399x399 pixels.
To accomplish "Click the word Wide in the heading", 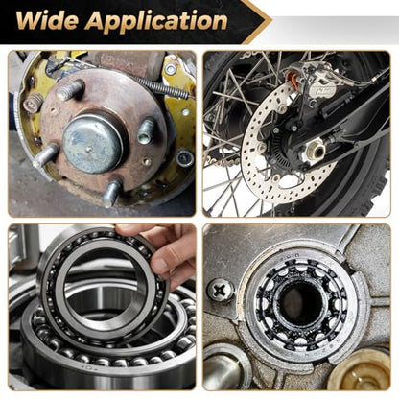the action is point(47,21).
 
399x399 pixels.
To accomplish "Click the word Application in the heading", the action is point(156,21).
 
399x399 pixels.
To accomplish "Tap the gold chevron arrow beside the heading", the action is point(257,22).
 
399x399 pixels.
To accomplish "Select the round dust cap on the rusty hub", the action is point(93,143).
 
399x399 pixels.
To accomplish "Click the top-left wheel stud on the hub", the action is point(70,89).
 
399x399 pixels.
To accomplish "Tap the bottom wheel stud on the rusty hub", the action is point(111,193).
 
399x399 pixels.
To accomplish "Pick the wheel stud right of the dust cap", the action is point(147,131).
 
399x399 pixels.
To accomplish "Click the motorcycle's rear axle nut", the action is point(316,151).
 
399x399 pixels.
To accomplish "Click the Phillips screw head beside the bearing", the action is point(221,290).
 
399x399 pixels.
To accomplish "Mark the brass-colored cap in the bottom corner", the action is point(361,370).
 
